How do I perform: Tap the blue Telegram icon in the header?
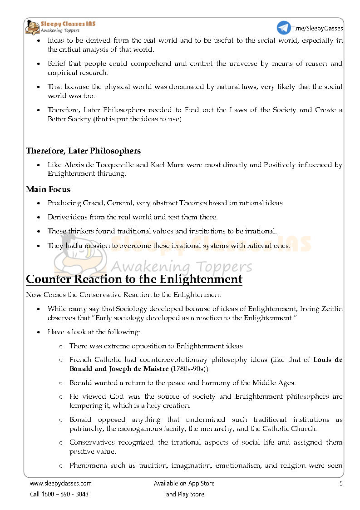284,28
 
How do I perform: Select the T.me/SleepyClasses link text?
317,28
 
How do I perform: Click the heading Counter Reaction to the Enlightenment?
134,279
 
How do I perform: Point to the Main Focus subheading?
48,189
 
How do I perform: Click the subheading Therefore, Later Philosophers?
83,151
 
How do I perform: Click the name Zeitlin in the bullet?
332,309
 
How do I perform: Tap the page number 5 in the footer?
341,484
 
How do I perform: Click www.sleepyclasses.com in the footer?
61,484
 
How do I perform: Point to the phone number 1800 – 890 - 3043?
66,494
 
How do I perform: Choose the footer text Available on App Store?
184,484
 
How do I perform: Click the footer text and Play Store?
185,494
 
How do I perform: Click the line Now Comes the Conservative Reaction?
123,295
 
